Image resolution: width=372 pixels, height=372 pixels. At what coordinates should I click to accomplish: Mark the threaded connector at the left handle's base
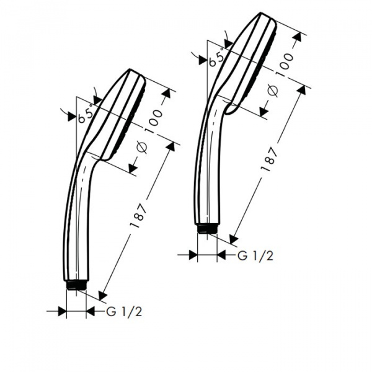click(75, 286)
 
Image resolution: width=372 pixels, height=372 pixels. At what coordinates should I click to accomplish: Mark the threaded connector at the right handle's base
click(207, 229)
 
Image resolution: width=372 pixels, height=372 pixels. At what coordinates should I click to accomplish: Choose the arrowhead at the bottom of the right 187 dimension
click(232, 239)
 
